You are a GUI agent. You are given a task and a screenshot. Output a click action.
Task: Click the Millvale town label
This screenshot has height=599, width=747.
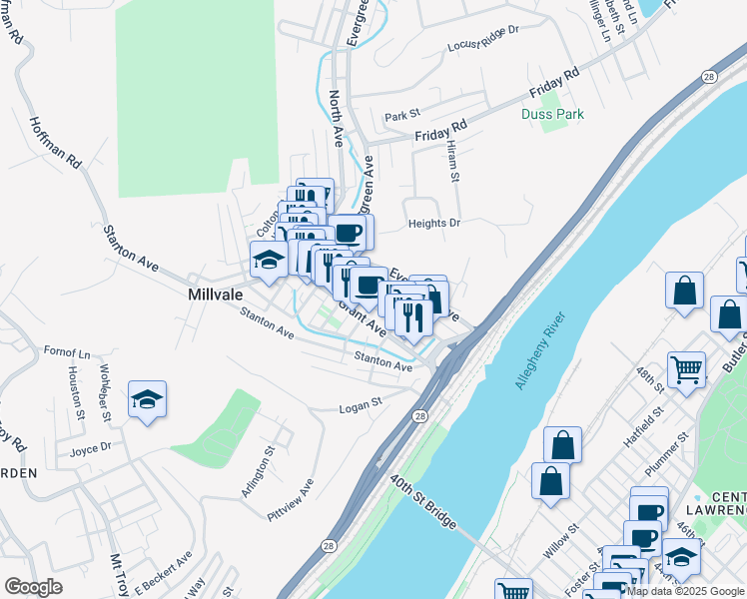coord(217,296)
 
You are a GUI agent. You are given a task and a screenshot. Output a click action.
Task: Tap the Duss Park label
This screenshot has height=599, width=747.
coord(552,114)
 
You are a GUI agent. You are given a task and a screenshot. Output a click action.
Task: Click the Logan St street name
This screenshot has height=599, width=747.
coord(361,406)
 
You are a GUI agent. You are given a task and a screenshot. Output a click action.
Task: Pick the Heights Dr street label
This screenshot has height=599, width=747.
coord(433,224)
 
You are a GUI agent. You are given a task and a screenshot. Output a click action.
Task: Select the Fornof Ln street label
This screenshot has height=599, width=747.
coord(67,352)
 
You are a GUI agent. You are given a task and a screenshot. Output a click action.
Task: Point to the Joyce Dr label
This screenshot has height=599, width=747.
coord(90,449)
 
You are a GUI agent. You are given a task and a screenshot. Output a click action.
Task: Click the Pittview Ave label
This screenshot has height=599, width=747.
coord(291,499)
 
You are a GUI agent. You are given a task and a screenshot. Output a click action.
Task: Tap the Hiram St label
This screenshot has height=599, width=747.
coord(452,160)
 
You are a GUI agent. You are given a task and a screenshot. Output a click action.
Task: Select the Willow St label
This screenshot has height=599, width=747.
coord(560,543)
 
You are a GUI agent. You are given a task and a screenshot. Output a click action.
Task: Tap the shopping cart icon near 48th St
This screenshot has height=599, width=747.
coord(686,369)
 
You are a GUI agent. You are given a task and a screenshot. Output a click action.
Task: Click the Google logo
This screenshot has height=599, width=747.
coord(33,587)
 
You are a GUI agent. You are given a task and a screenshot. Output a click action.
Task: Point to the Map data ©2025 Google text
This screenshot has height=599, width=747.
coord(685,591)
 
